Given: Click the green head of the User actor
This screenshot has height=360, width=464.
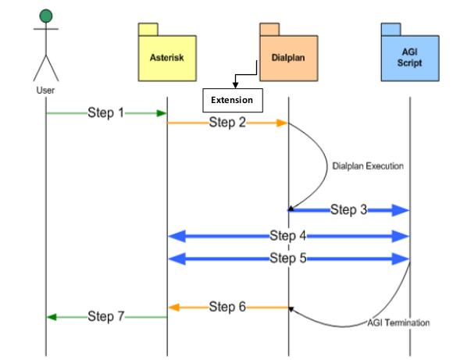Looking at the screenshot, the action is coord(46,16).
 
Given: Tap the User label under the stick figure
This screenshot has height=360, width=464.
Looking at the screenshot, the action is coord(45,91).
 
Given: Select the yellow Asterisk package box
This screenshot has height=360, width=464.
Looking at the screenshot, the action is coord(167,52).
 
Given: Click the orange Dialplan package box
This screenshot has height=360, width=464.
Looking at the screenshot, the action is coord(289,52).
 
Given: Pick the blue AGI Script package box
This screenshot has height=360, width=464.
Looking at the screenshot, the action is coord(410,52).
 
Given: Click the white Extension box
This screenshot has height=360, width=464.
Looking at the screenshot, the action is coord(233,100).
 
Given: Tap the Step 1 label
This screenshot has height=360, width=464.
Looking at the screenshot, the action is coord(105,112).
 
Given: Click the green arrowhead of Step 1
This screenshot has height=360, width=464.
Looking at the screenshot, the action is coord(162,113).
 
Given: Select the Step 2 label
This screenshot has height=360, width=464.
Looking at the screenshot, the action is coord(227,122).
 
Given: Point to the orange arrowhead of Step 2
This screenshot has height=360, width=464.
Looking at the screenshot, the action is coord(282,123).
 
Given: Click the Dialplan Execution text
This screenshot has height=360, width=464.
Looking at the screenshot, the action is coord(368,166).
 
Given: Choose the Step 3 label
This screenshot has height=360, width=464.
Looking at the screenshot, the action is coord(348,210).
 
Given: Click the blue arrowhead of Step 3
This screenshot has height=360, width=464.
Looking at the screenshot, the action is coord(401,210).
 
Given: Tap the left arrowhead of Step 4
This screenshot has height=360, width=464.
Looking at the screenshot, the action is coord(177,237).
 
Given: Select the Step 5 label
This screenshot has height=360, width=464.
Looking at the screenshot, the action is coord(288,258).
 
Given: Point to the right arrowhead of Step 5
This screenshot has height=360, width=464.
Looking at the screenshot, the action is coord(401,258).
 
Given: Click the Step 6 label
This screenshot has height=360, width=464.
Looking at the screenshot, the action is coord(227,307).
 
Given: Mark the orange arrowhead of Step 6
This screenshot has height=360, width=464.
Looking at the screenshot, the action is coord(173,308).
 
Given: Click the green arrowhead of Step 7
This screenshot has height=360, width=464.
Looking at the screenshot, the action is coord(52,317).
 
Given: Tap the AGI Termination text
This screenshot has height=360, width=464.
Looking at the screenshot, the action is coord(398,323).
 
